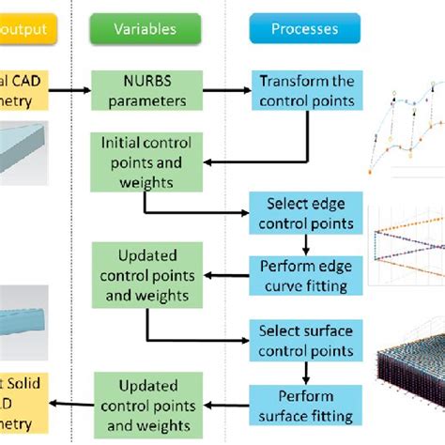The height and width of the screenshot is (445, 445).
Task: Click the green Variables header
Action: (x=145, y=29)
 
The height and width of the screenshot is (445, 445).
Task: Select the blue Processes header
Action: (x=304, y=29)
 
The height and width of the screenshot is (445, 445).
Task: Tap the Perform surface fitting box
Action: (x=309, y=406)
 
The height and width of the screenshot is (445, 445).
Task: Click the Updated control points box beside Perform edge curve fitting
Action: (x=145, y=276)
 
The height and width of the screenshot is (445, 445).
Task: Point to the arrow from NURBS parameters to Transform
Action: (x=223, y=91)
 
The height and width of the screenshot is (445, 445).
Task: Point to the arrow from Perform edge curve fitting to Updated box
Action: (x=222, y=276)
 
